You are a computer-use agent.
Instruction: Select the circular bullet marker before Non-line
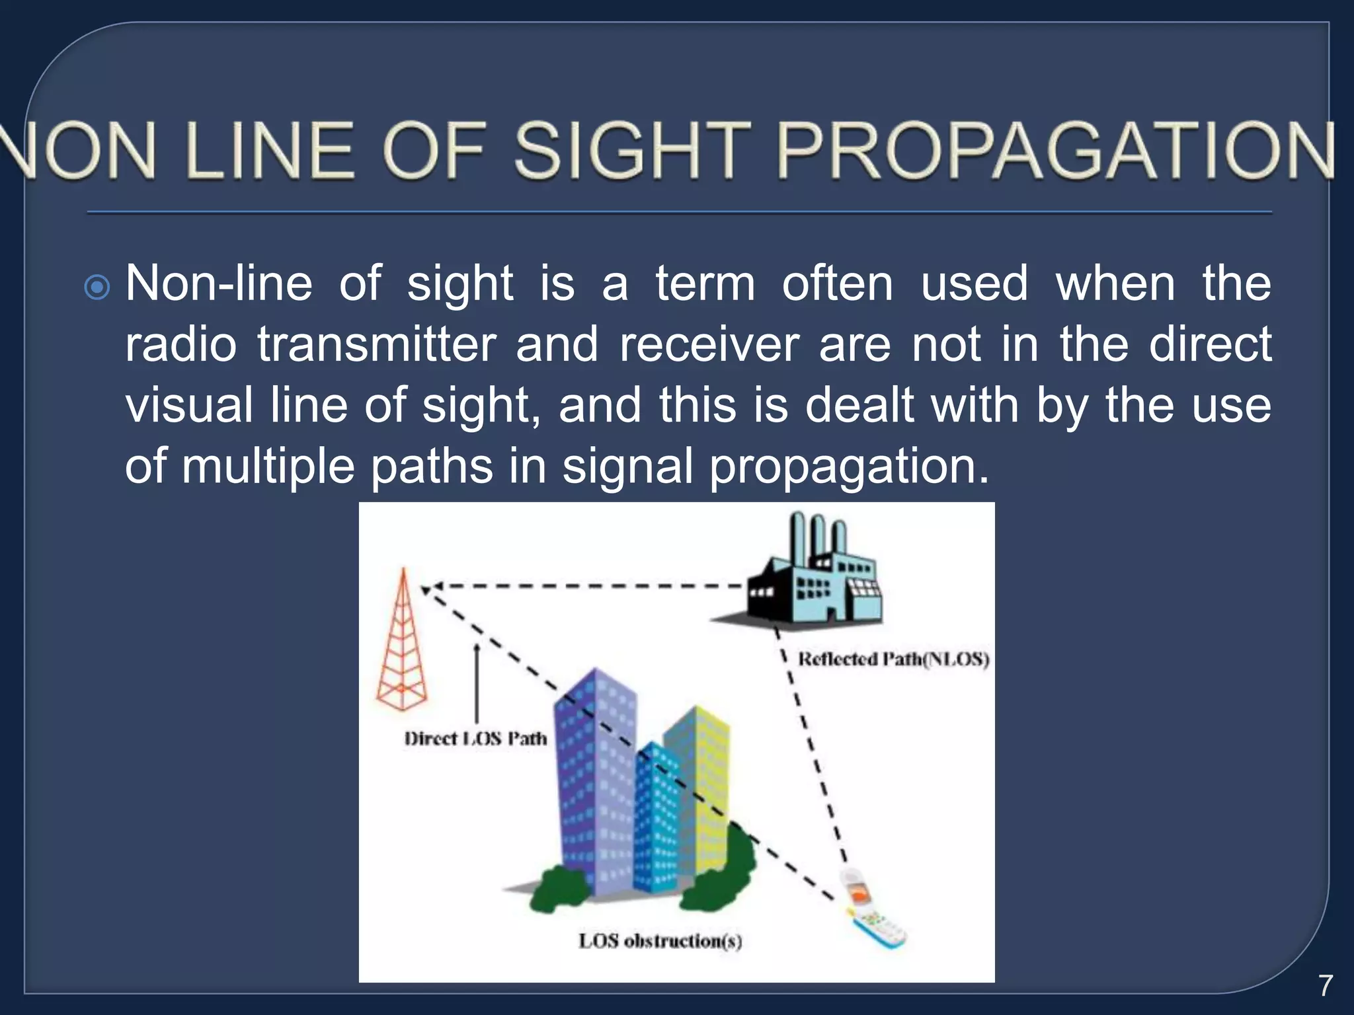pos(98,287)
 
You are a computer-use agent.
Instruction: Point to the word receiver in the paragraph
pos(709,344)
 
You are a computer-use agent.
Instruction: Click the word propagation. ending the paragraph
pos(849,467)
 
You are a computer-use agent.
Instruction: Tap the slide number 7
pos(1325,985)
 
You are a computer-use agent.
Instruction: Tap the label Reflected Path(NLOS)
pos(893,659)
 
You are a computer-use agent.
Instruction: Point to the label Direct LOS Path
pos(475,739)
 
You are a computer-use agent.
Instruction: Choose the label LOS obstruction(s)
pos(660,940)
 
